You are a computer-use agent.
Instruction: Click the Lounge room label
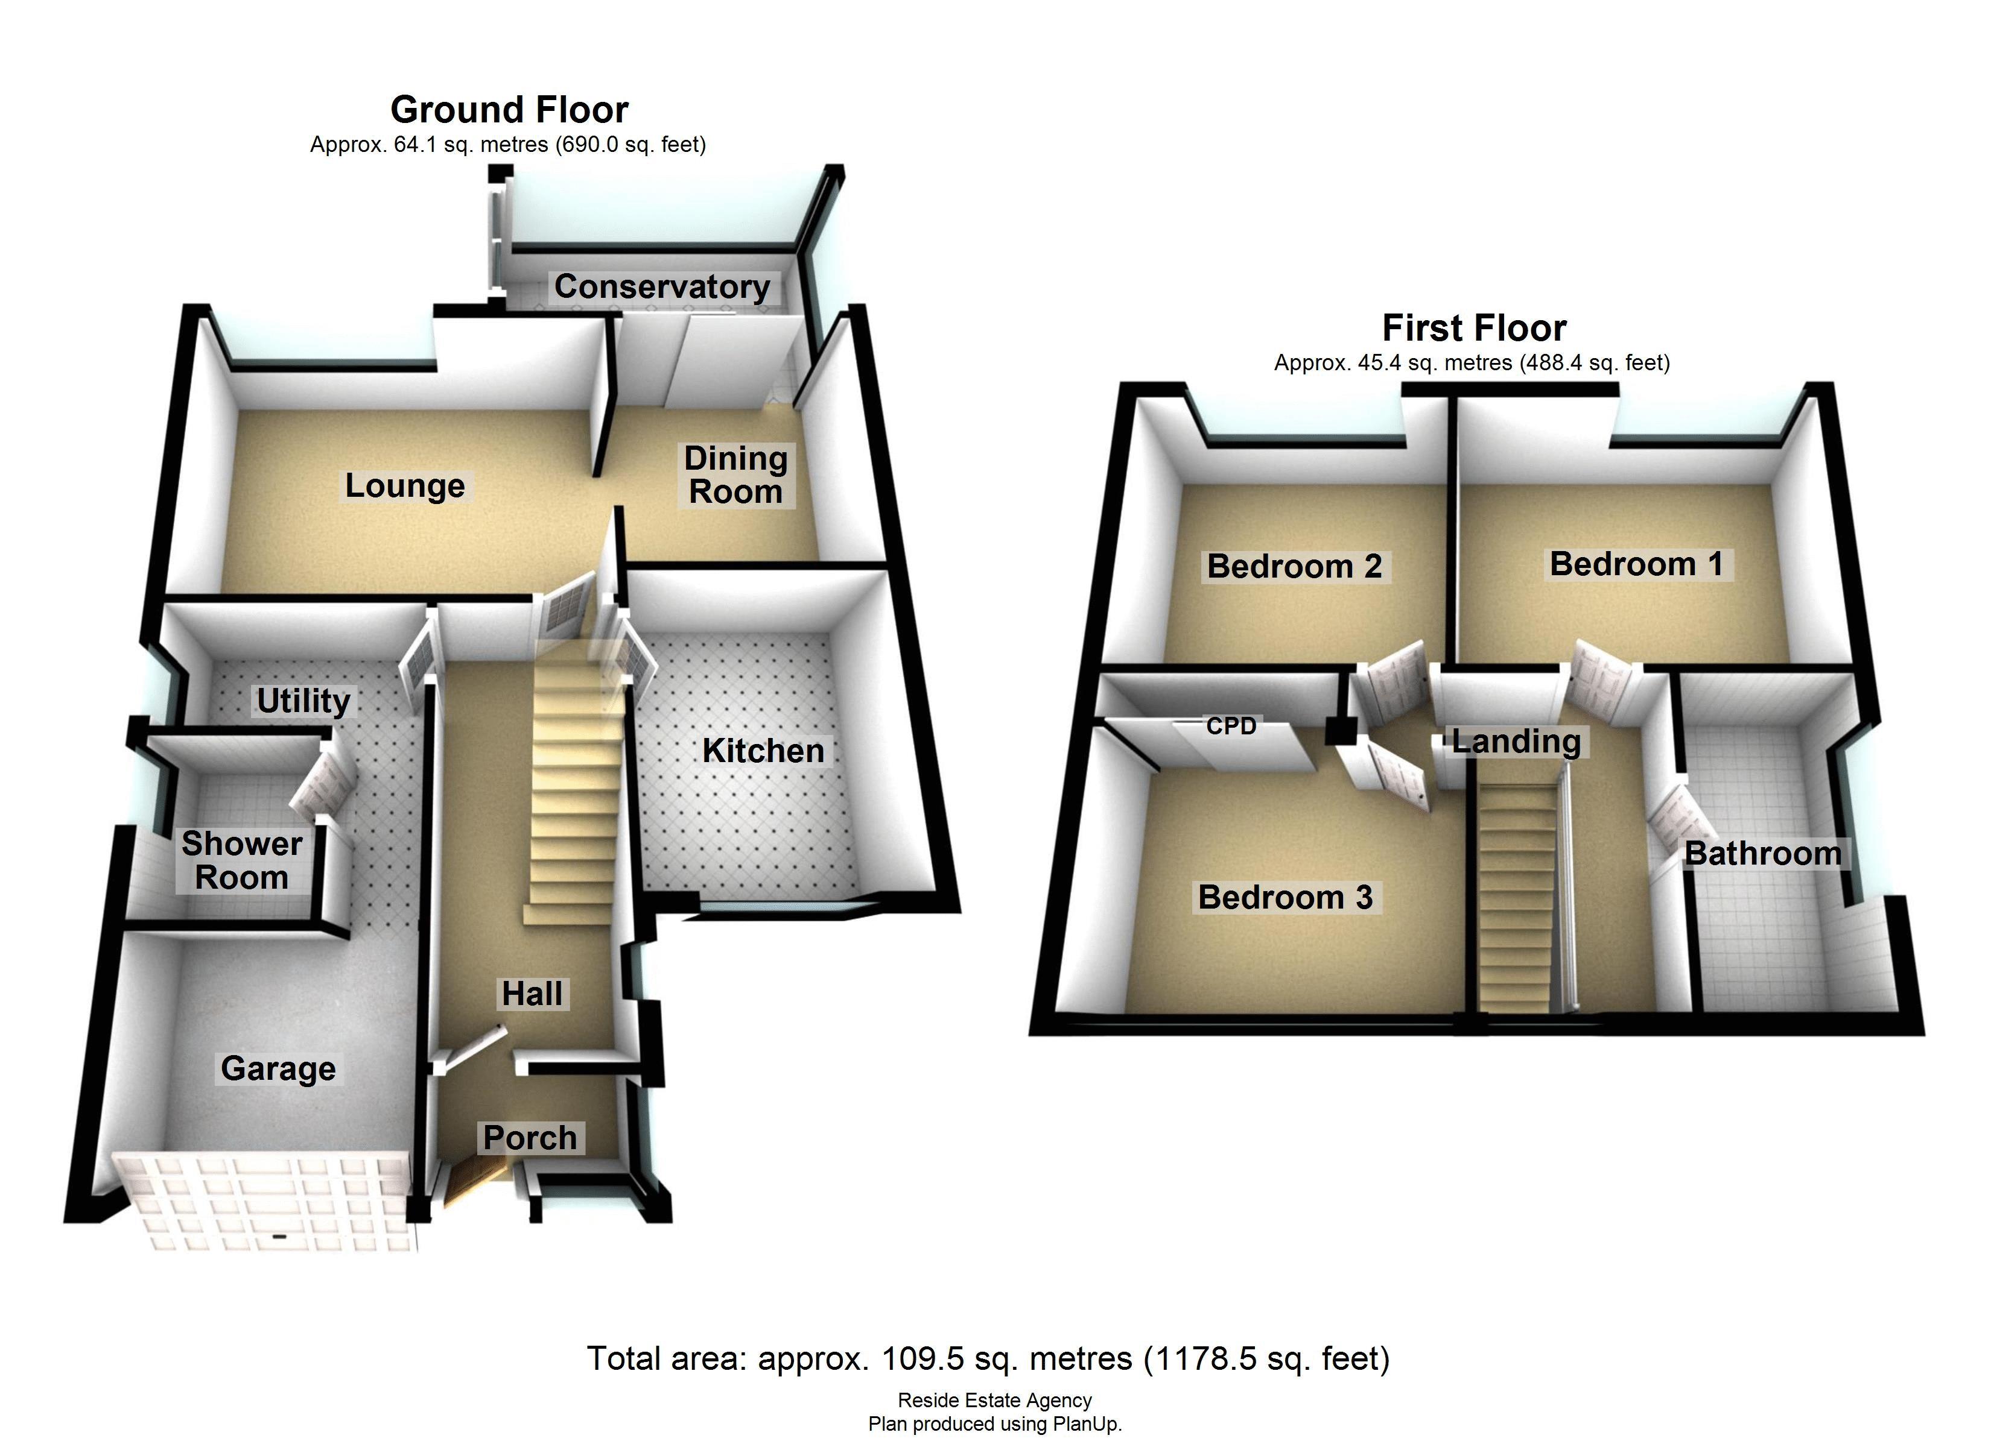coord(405,485)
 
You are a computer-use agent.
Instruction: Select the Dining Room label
coord(735,474)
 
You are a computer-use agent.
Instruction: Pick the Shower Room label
coord(241,860)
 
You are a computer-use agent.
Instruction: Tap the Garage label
coord(278,1068)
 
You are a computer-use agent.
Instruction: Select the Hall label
coord(532,994)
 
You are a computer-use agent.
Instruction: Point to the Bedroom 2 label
coord(1295,566)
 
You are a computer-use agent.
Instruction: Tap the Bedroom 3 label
coord(1285,897)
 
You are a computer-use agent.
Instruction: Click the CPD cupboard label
coord(1231,726)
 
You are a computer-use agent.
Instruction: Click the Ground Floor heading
coord(509,110)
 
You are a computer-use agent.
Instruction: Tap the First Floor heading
coord(1474,328)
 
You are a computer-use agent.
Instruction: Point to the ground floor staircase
coord(575,781)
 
